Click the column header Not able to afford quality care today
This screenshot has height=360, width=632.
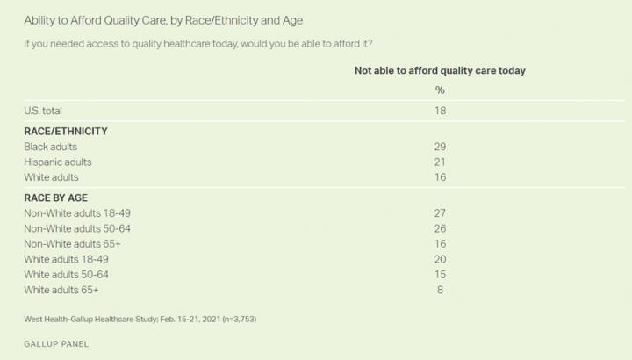[x=440, y=71]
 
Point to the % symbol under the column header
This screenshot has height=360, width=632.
[x=440, y=90]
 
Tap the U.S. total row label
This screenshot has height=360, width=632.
[x=44, y=111]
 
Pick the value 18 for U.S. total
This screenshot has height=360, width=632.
[x=441, y=111]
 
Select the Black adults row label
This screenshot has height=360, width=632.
[x=52, y=147]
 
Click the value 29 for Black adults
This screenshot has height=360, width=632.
[x=441, y=147]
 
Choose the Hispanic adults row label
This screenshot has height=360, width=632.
[x=58, y=162]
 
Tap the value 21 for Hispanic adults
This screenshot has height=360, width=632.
[x=441, y=162]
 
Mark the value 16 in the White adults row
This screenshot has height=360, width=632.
[x=441, y=177]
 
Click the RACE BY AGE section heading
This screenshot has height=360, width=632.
[x=55, y=198]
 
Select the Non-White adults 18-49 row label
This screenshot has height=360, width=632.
[x=78, y=213]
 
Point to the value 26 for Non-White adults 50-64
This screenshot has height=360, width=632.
[x=441, y=228]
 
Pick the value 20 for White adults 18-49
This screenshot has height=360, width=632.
[x=441, y=259]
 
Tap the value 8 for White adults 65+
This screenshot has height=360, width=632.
[x=441, y=290]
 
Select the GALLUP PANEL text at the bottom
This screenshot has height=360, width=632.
[x=57, y=343]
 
